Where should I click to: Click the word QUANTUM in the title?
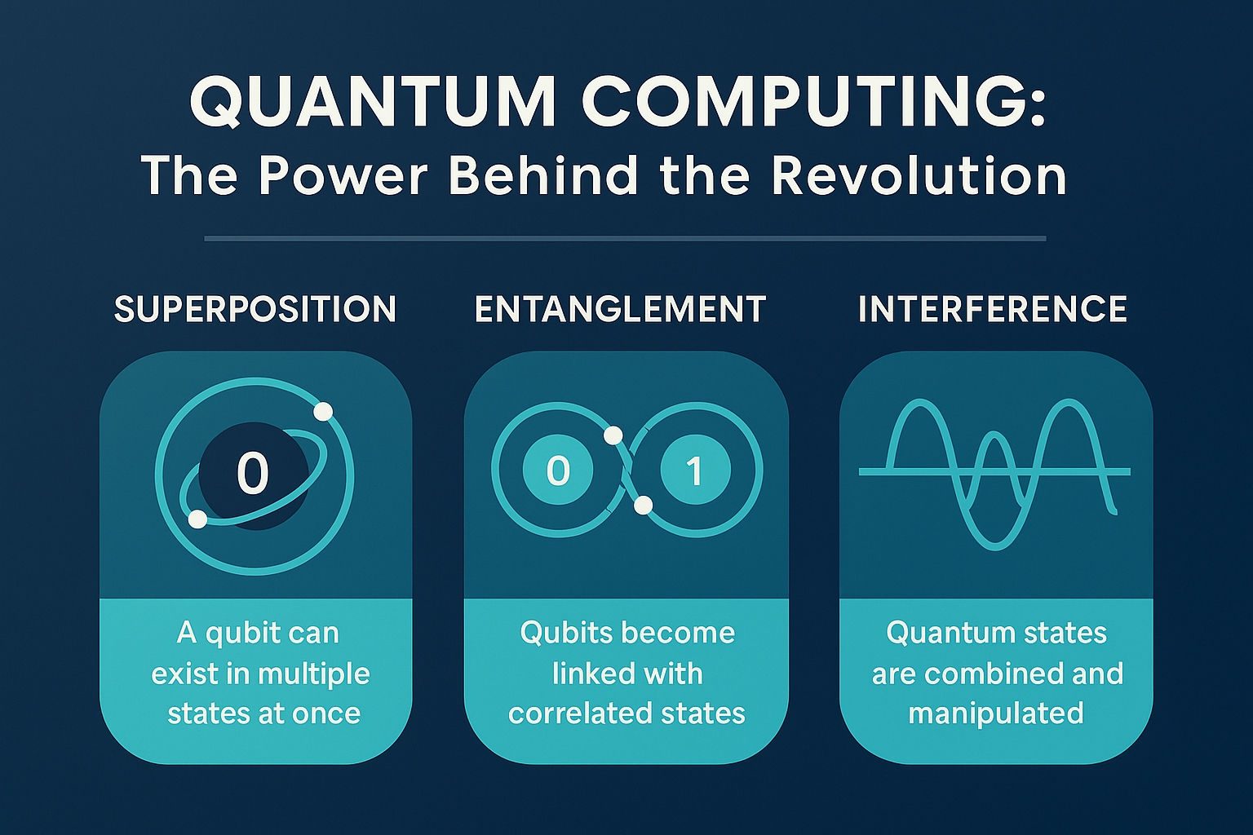tap(373, 104)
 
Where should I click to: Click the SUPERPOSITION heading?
tap(255, 309)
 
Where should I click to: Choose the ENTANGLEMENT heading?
tap(620, 309)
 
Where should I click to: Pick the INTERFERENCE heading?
tap(993, 309)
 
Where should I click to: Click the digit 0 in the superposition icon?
tap(253, 473)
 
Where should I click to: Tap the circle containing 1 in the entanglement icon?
tap(695, 471)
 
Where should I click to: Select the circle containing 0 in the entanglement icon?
tap(557, 471)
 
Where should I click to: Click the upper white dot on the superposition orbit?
tap(323, 412)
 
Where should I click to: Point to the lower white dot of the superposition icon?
tap(197, 519)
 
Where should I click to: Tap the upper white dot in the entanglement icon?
tap(613, 435)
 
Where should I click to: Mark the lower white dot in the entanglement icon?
tap(644, 505)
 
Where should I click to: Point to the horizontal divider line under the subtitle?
tap(625, 239)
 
